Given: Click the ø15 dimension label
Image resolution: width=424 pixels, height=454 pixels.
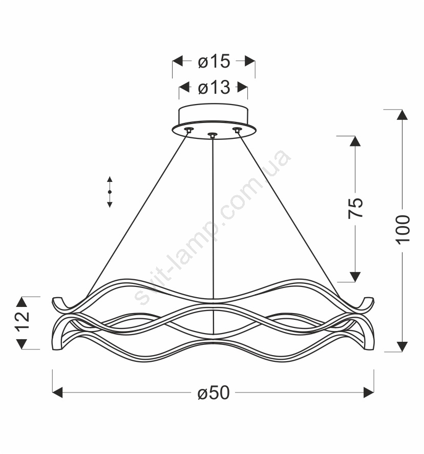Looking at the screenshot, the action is pos(214,61).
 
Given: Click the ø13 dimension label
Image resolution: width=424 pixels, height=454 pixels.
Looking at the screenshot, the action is pos(214,88).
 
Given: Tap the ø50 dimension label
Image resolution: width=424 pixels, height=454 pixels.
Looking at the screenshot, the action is pos(214,393).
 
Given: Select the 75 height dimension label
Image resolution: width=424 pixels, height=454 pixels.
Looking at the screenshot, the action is pos(355,208).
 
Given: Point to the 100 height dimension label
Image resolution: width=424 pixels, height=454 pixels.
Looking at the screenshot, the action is pos(402,230).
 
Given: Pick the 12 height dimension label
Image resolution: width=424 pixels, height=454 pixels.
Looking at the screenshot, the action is pos(23,321).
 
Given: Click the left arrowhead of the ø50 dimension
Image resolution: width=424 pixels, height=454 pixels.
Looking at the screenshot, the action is pos(57,393).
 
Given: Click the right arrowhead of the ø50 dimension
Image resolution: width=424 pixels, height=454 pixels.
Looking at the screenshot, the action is pos(368,393).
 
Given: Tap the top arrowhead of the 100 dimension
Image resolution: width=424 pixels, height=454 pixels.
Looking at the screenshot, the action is pos(402,115).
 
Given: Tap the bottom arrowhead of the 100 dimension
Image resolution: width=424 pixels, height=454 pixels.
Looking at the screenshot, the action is pos(402,346).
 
